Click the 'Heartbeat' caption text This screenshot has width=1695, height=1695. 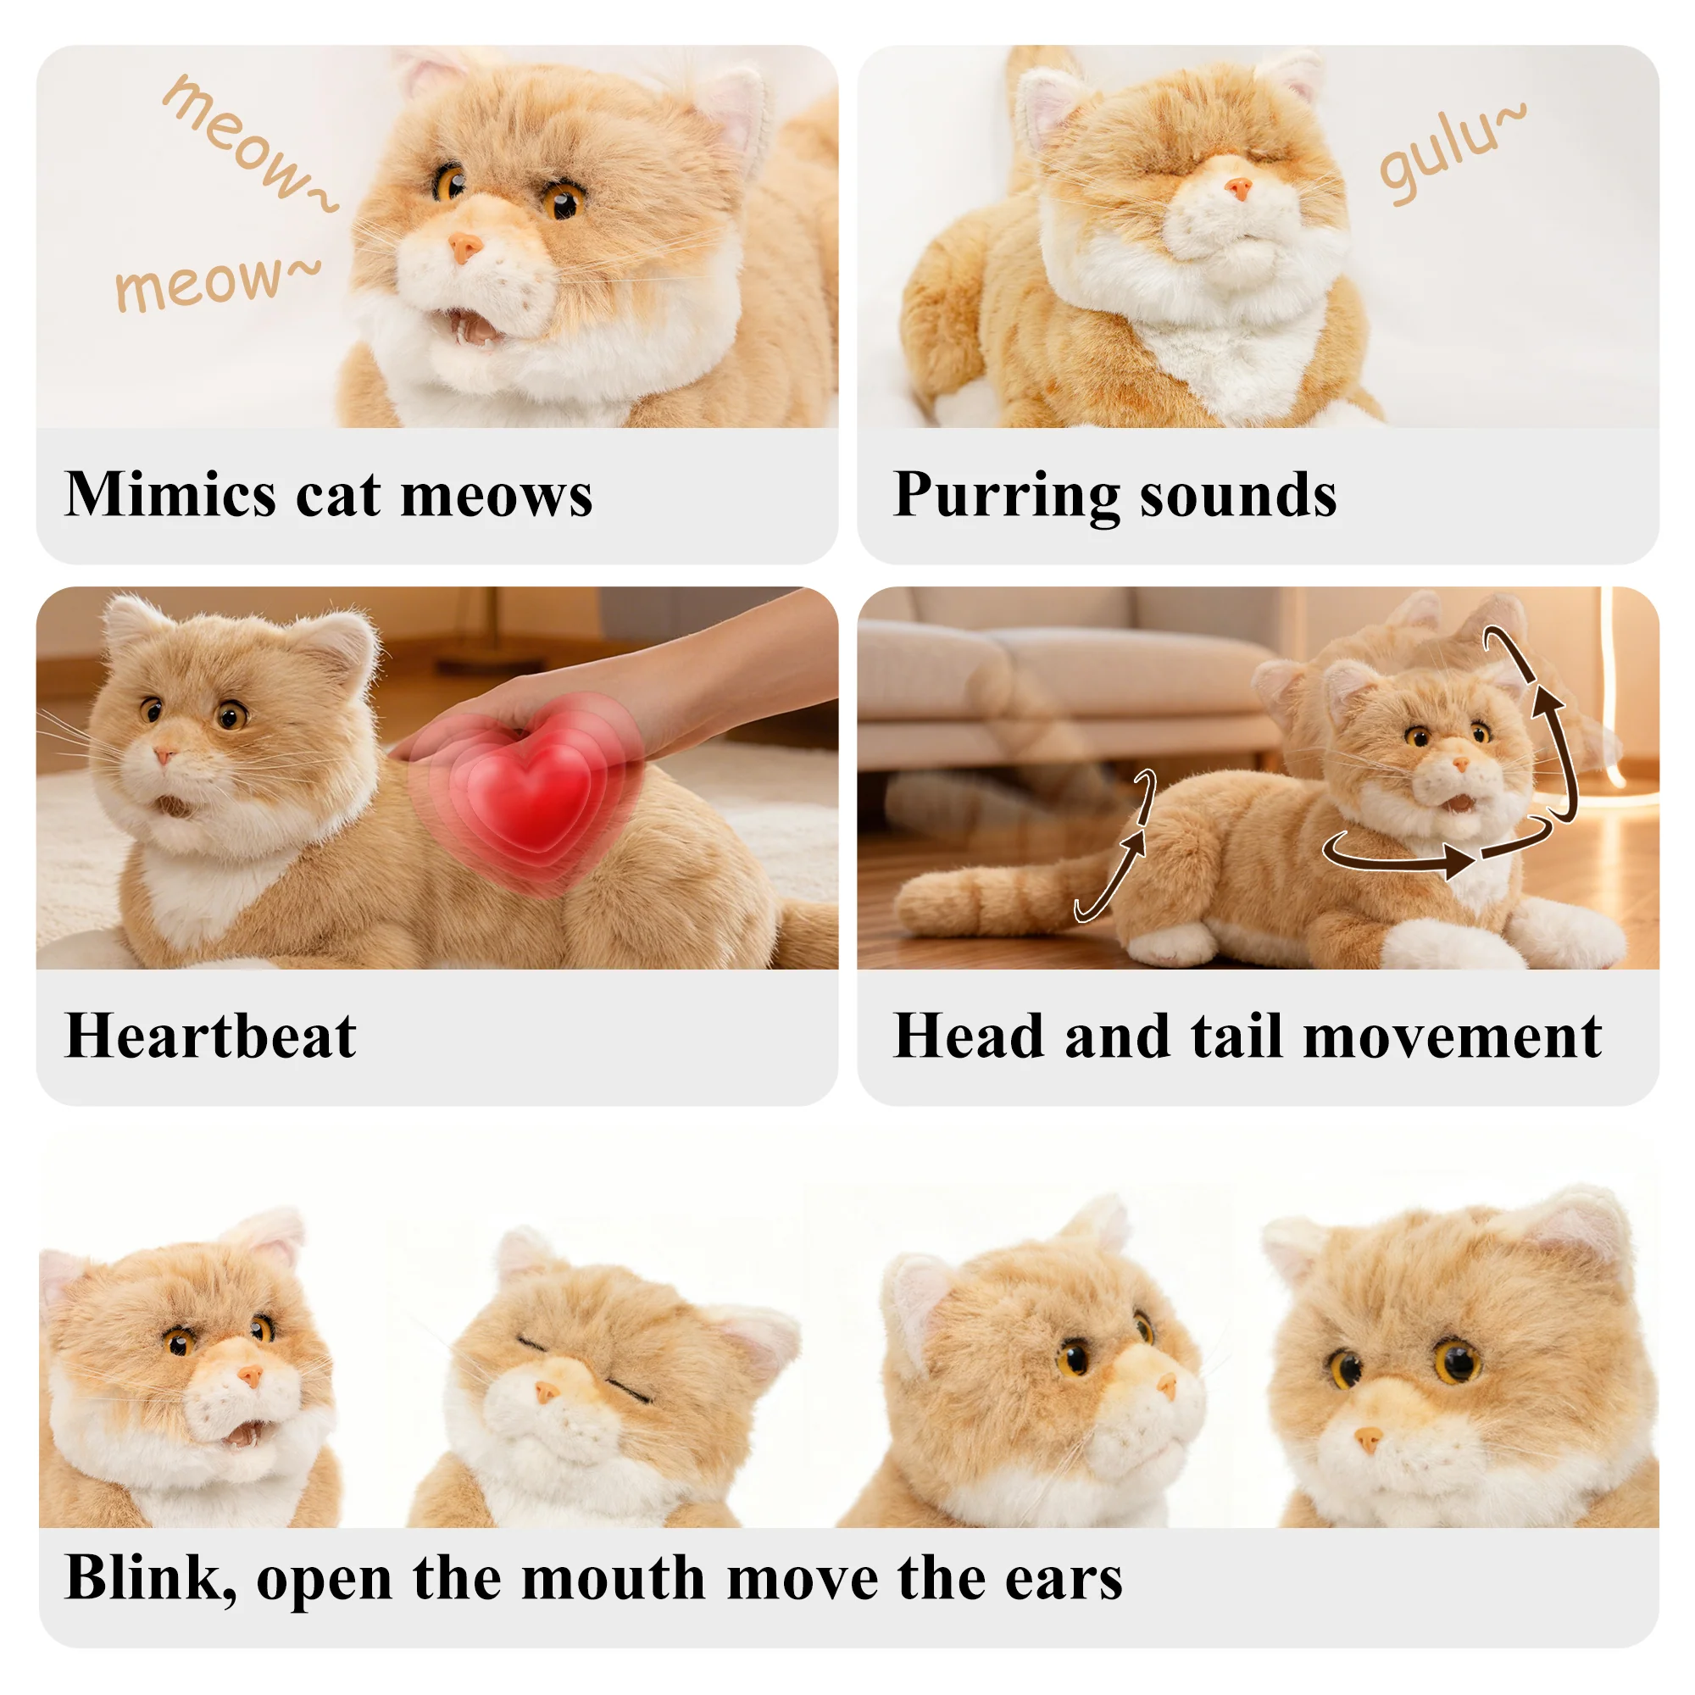[x=210, y=1036]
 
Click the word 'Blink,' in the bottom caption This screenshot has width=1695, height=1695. [x=150, y=1578]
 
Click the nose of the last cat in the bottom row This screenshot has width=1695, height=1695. [x=1368, y=1438]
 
